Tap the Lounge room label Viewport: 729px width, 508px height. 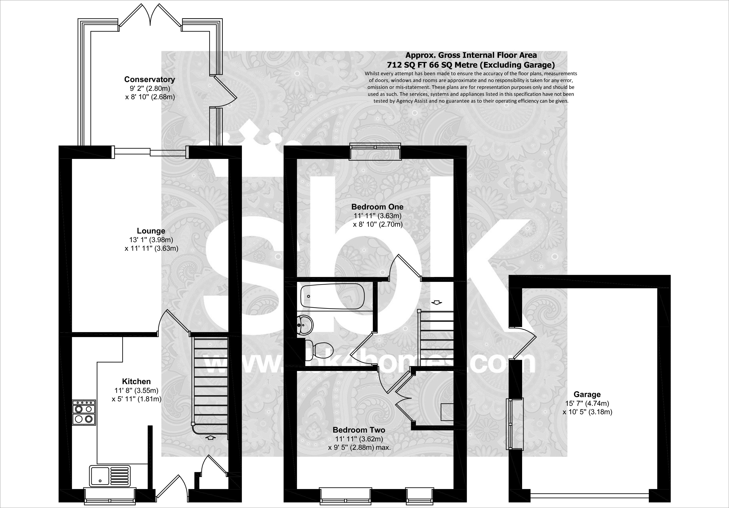tap(151, 231)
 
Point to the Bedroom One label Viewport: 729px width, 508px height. tap(377, 207)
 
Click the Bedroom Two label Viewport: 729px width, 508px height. tap(359, 430)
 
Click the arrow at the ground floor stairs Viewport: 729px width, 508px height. tap(211, 438)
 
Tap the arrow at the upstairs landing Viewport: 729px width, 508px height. tap(437, 302)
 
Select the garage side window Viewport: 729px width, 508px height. tap(510, 424)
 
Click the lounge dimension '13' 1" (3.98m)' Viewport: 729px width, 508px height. tap(151, 240)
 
